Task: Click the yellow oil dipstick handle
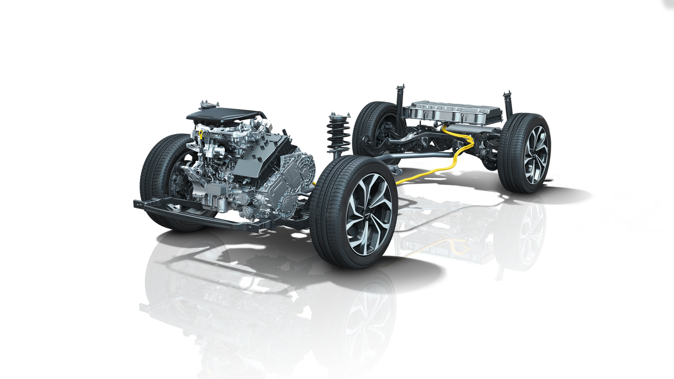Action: coord(200,133)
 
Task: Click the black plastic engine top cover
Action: coord(225,114)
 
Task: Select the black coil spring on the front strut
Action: coord(338,135)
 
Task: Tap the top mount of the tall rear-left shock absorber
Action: coord(401,88)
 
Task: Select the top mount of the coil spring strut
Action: coord(339,116)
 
